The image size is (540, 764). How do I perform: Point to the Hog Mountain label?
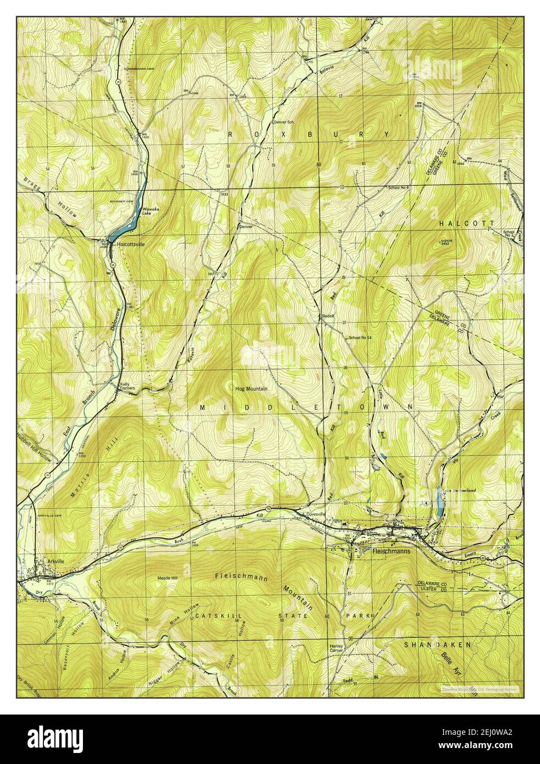pos(252,389)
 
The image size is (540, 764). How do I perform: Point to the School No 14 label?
pos(360,337)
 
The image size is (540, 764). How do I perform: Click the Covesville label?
pos(316,514)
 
